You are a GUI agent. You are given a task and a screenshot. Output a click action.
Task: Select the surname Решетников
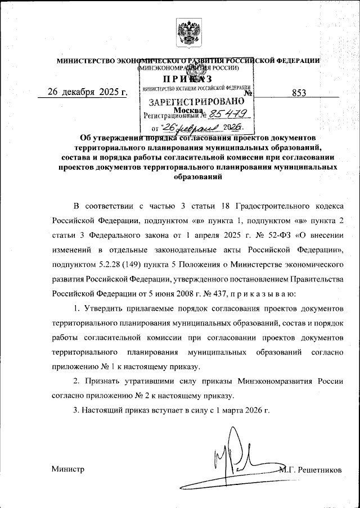(319, 469)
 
